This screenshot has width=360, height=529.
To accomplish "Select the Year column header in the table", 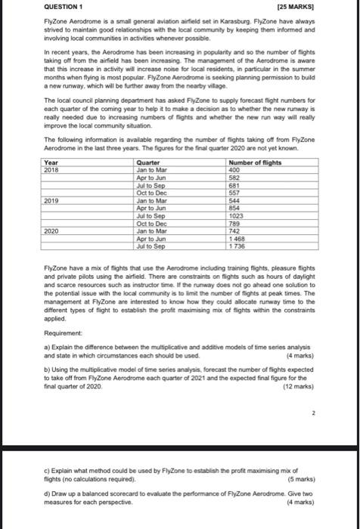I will point(51,162).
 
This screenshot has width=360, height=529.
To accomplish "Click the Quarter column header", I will point(148,162).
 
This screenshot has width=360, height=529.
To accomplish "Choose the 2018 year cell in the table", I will point(52,169).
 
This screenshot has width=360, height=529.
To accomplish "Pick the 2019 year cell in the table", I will point(52,200).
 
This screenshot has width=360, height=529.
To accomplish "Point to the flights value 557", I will point(234,193).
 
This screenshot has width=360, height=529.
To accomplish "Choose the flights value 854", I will point(234,209).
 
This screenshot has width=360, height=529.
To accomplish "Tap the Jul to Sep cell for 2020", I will point(149,248).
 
